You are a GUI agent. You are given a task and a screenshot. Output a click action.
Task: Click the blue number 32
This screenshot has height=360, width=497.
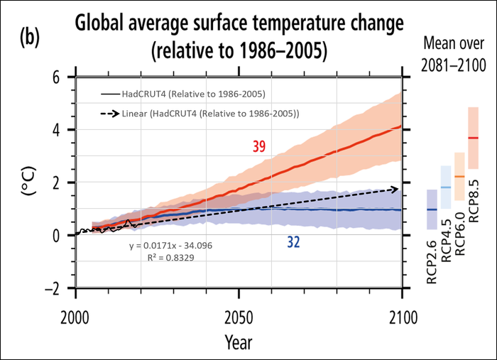pos(293,242)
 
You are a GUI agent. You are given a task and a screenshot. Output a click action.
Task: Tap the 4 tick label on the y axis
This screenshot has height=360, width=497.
pos(56,130)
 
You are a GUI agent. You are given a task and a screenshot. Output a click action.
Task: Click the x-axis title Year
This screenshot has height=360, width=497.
pos(239,342)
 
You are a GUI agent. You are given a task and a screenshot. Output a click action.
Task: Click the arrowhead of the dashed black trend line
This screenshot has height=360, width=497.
pos(395,190)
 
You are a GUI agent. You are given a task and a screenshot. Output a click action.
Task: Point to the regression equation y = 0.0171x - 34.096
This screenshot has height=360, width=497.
pos(166,245)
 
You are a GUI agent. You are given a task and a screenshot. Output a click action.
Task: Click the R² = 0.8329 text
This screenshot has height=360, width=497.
pos(166,258)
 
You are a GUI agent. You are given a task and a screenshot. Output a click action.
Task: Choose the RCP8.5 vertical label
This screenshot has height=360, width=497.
pos(474,192)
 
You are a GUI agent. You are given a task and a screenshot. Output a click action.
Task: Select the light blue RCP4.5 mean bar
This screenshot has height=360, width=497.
pos(446,187)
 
